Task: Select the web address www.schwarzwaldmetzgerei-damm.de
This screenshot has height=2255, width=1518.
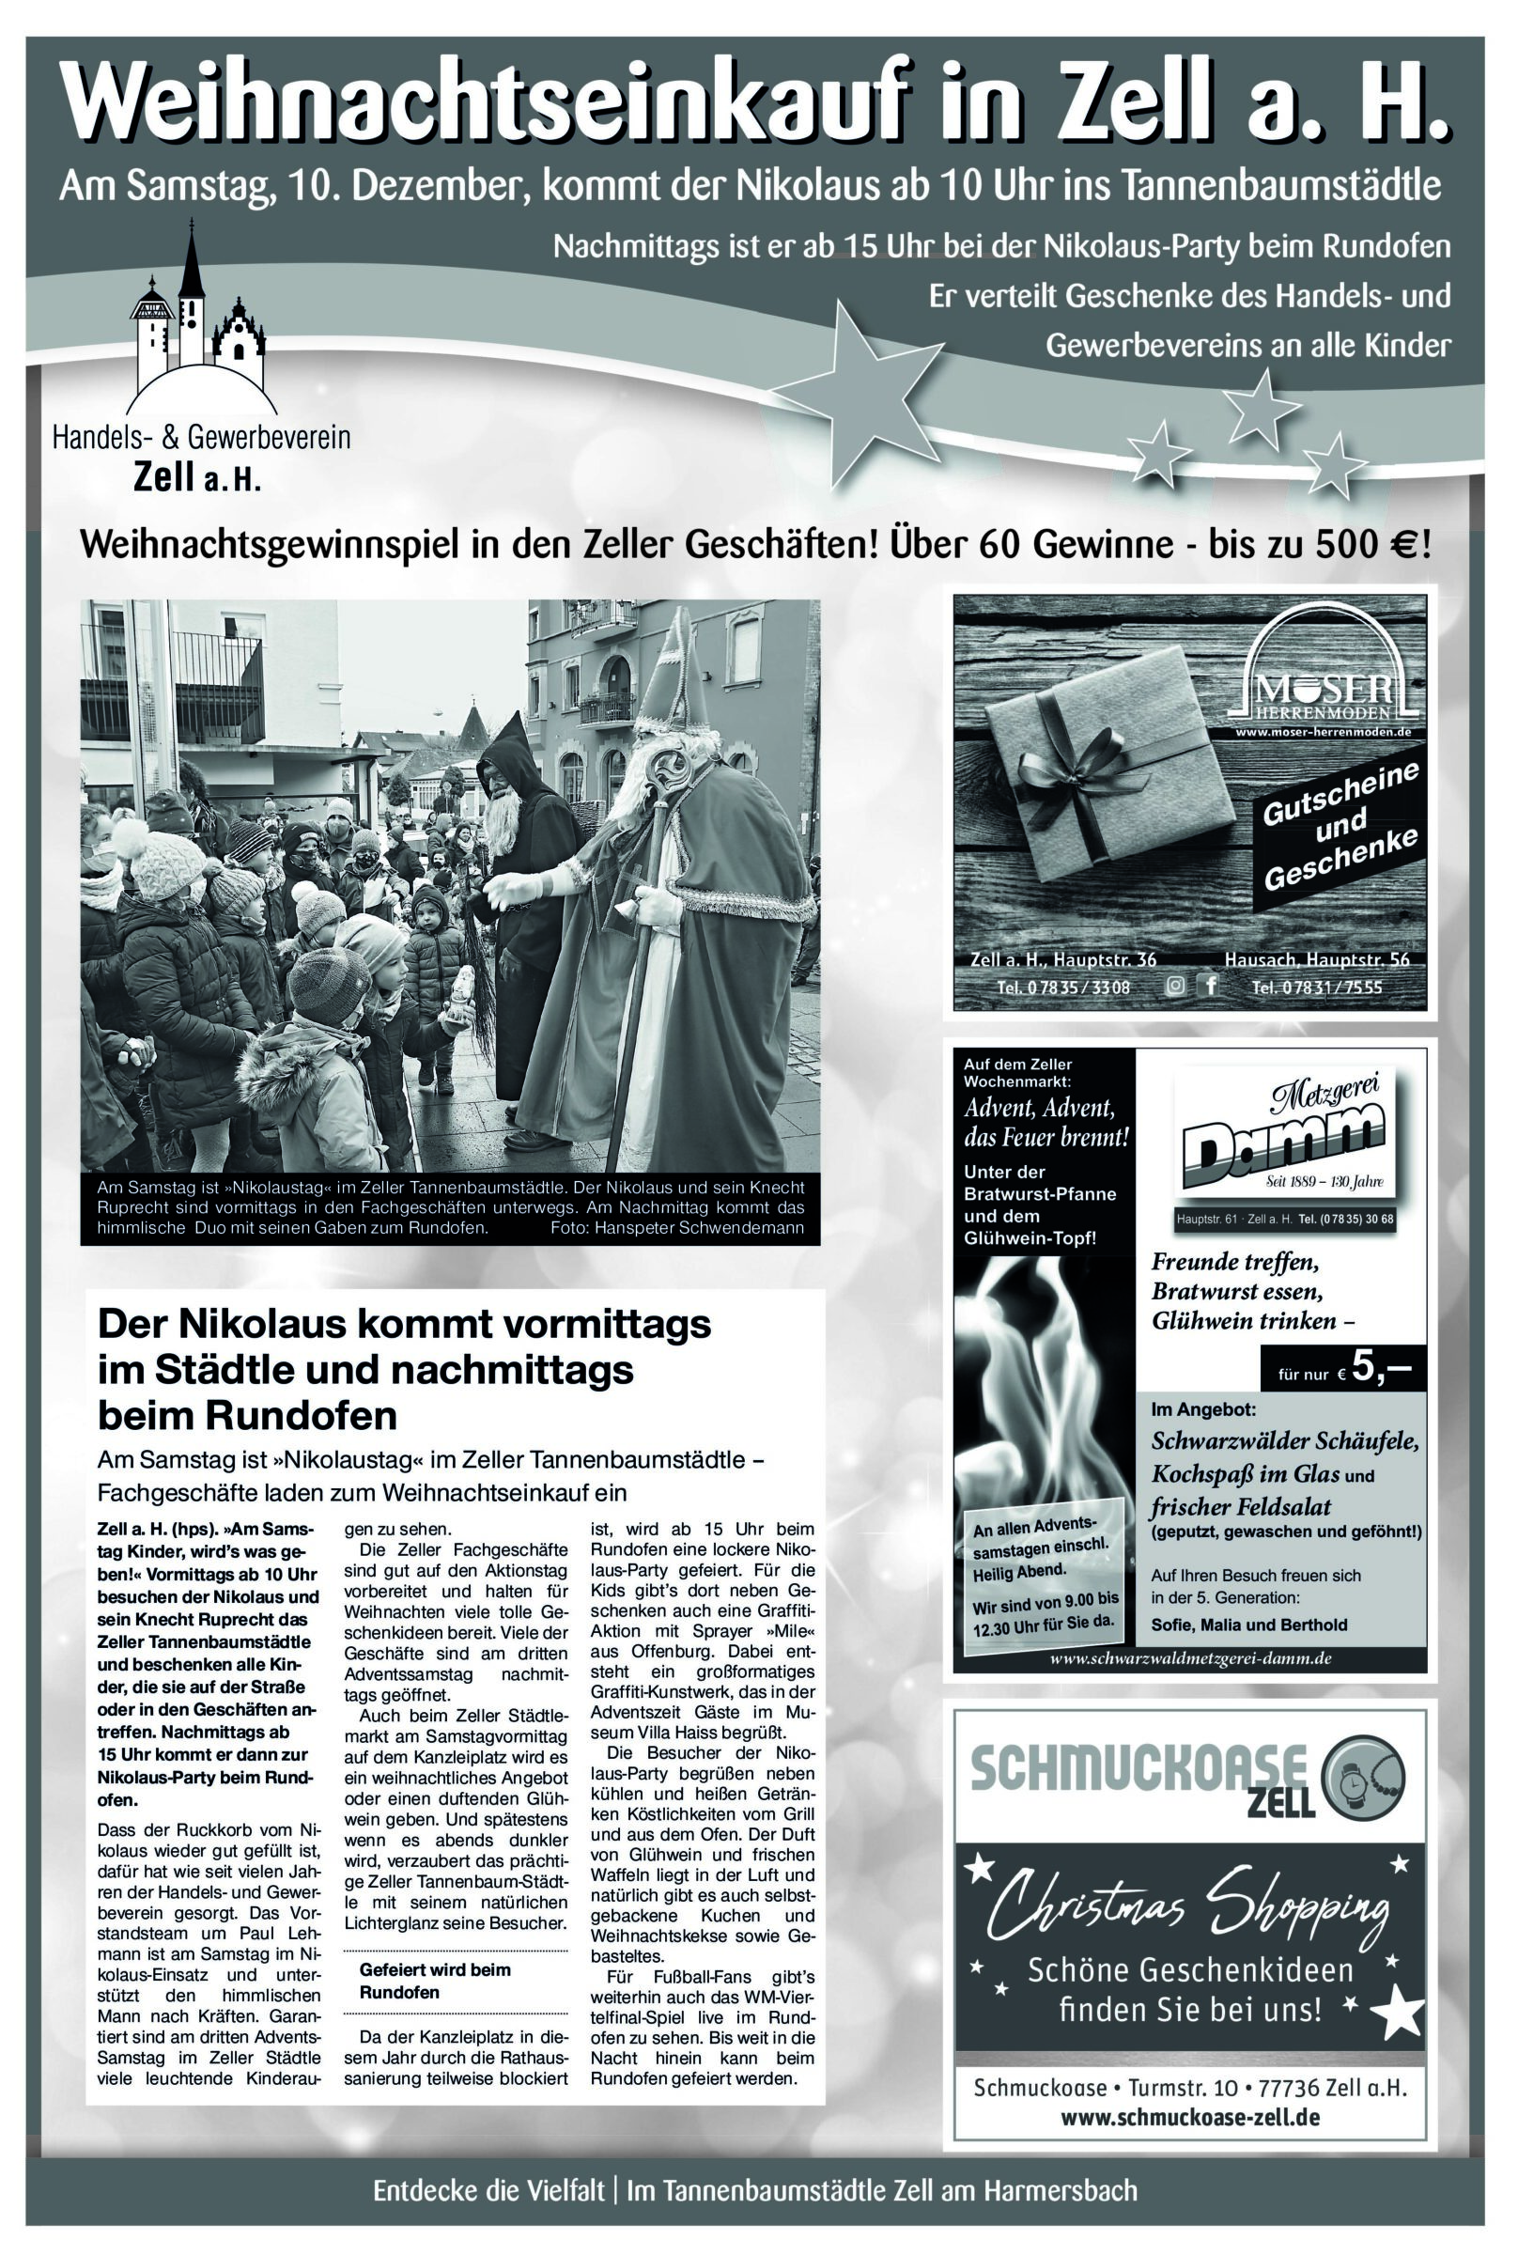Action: click(x=1191, y=1658)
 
